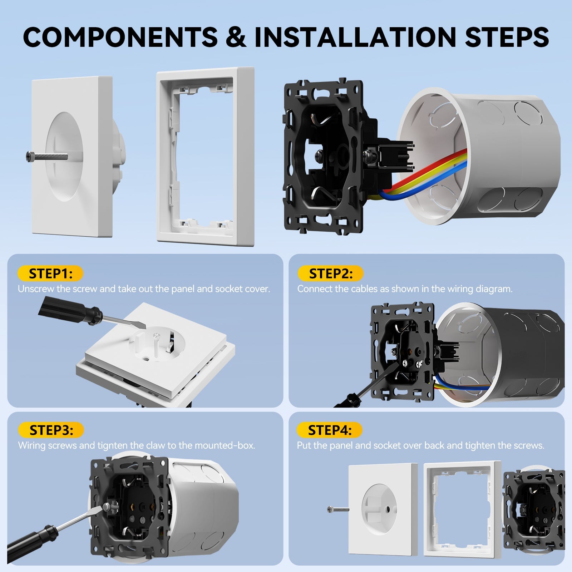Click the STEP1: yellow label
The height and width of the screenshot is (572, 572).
pyautogui.click(x=50, y=273)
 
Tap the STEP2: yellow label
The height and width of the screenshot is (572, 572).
pyautogui.click(x=330, y=273)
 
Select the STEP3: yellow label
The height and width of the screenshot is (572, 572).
pyautogui.click(x=51, y=430)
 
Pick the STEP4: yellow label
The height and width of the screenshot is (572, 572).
pyautogui.click(x=329, y=430)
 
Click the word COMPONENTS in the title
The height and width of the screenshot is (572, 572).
pyautogui.click(x=120, y=37)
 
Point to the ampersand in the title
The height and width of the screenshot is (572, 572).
pyautogui.click(x=236, y=37)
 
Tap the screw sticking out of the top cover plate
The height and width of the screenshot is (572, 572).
pyautogui.click(x=46, y=156)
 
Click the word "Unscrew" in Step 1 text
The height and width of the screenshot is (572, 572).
pyautogui.click(x=36, y=289)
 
